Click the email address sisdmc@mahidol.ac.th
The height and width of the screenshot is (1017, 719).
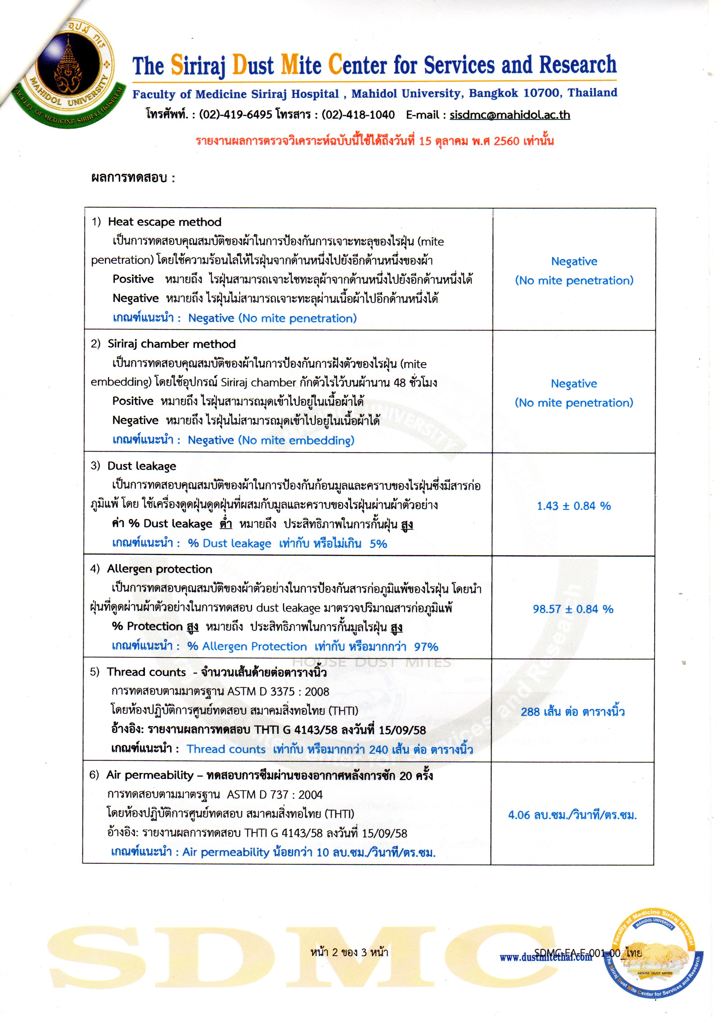(x=509, y=115)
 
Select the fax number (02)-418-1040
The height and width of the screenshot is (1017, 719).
(x=358, y=115)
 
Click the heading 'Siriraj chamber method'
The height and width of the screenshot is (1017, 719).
(x=172, y=344)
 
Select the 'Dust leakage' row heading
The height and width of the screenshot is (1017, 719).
(x=141, y=466)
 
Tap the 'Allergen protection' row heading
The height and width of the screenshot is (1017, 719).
(x=159, y=569)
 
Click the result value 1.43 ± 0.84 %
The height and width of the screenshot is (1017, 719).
(x=574, y=506)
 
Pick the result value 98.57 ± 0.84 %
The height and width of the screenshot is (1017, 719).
(x=573, y=609)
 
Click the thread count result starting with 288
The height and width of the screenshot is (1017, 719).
(x=572, y=712)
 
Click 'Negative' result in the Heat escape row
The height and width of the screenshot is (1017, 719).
(x=574, y=261)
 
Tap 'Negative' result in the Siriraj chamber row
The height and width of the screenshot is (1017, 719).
(x=574, y=384)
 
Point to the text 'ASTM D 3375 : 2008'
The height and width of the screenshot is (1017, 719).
(x=278, y=692)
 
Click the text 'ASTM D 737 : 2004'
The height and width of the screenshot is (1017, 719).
(x=275, y=795)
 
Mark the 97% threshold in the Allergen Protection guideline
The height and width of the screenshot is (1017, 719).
(x=426, y=647)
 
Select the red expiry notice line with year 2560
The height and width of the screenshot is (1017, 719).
(x=374, y=141)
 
